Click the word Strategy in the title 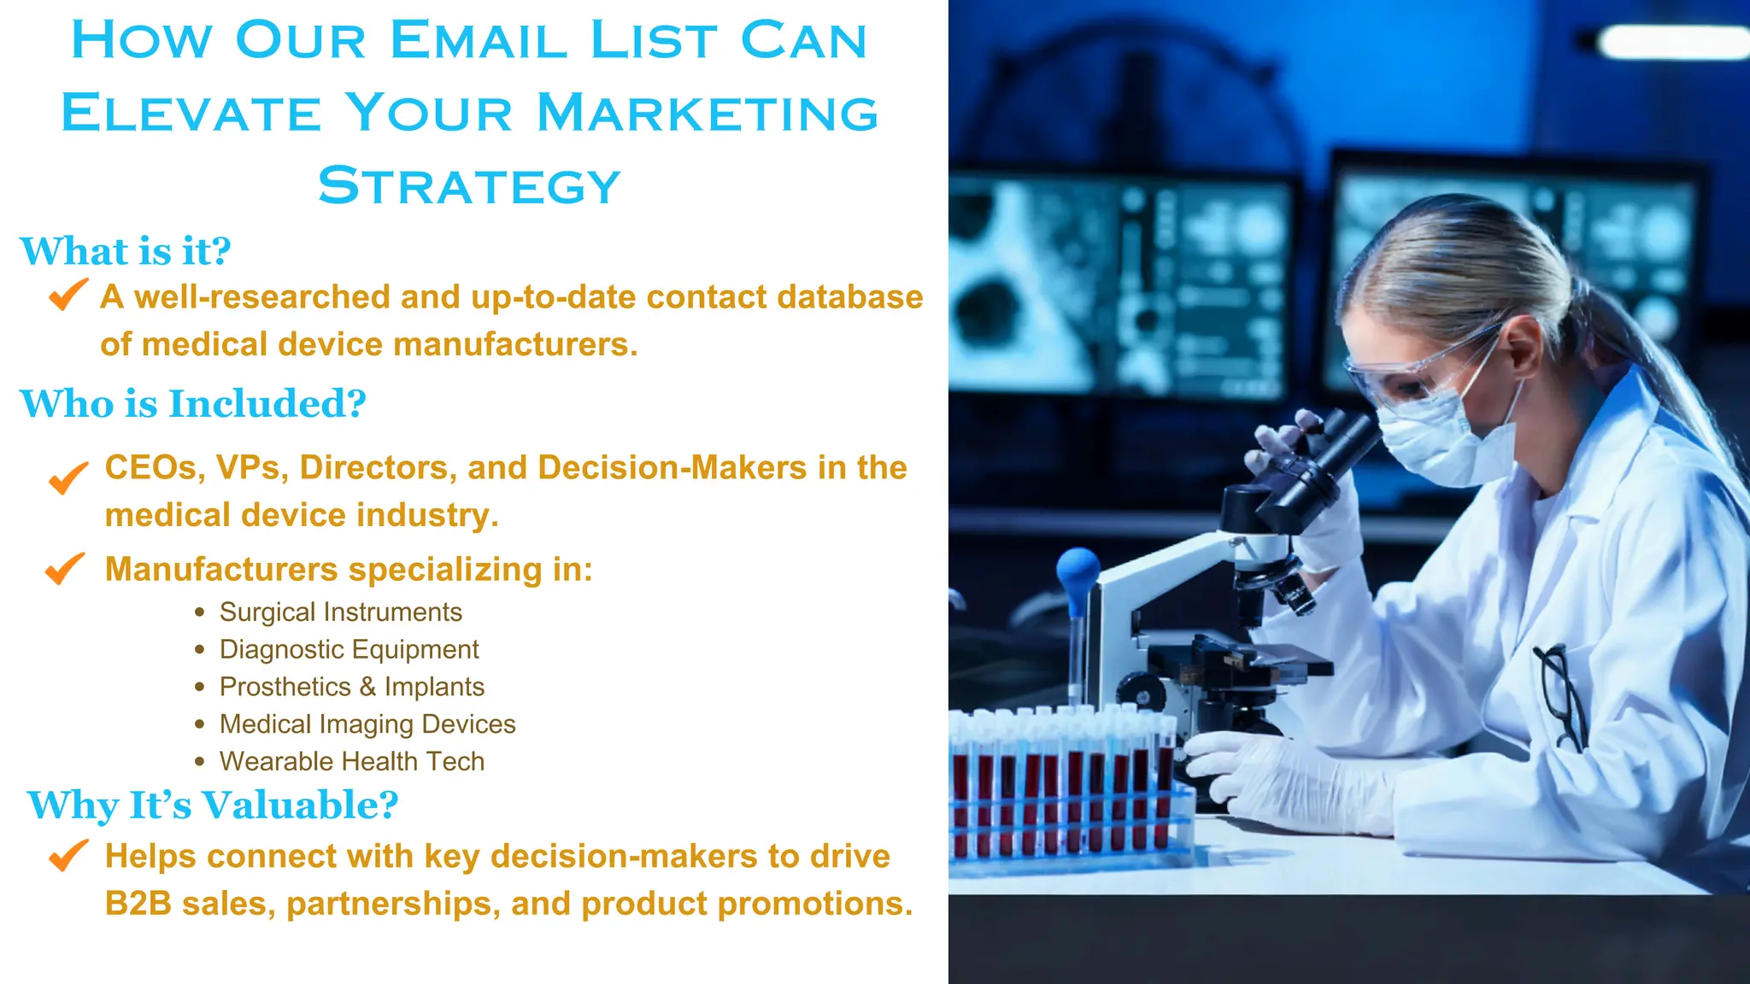tap(469, 185)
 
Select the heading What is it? tap(125, 251)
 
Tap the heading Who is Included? tap(192, 403)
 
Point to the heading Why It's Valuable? tap(213, 805)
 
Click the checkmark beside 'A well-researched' tap(68, 295)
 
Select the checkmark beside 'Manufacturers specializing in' tap(65, 568)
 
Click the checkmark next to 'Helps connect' tap(68, 854)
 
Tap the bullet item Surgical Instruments tap(340, 612)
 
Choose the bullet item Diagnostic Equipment tap(349, 650)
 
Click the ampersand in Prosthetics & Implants tap(367, 688)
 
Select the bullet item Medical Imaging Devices tap(367, 724)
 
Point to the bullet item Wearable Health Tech tap(351, 762)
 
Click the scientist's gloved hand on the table tap(1282, 782)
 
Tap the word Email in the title tap(479, 40)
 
